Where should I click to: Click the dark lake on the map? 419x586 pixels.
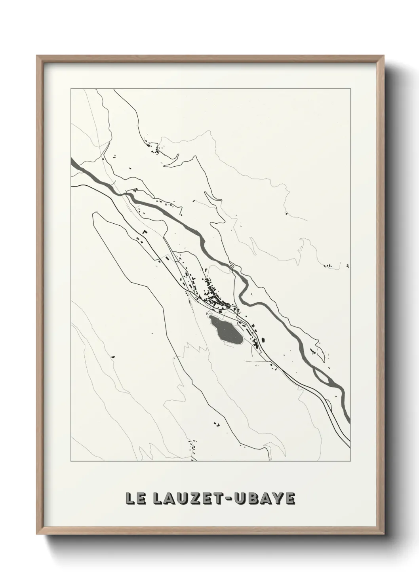tap(225, 330)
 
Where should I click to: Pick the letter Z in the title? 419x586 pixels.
tap(193, 499)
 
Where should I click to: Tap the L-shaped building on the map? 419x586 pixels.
tap(145, 231)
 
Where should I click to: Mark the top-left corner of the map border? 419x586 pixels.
tap(71, 89)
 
